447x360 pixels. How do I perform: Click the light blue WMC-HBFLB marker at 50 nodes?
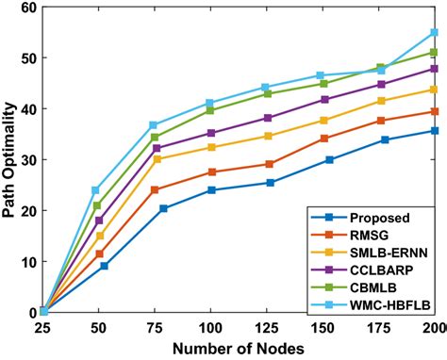tap(95, 190)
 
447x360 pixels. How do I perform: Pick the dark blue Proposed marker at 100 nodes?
tap(211, 190)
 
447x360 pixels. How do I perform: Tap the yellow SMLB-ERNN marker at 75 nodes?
tap(156, 159)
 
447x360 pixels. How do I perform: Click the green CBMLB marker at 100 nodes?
tap(211, 110)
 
